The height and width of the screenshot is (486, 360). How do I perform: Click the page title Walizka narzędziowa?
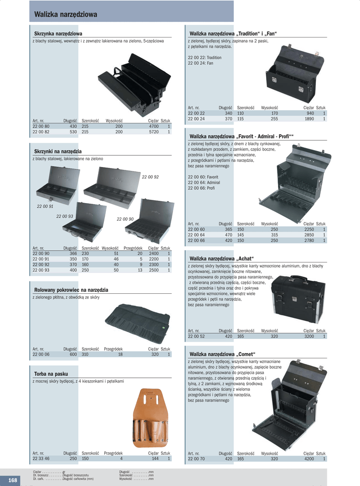tap(66, 15)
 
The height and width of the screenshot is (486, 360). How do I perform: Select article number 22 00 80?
tap(41, 126)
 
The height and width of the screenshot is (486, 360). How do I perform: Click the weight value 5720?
tap(153, 132)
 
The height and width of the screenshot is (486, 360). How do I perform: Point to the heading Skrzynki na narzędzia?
tap(57, 151)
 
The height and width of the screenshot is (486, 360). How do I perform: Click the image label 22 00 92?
tap(150, 177)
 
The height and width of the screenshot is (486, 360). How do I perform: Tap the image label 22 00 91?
tap(45, 206)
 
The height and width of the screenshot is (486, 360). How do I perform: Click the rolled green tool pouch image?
tap(137, 323)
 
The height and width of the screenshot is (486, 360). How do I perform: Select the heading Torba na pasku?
tap(51, 374)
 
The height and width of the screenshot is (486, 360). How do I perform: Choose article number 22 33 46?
tap(41, 458)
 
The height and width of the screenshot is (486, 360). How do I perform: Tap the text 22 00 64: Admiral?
tap(203, 182)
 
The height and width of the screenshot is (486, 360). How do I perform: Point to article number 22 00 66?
tap(196, 240)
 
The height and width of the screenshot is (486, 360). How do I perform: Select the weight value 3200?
tap(309, 336)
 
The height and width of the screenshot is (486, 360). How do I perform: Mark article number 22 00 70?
tap(196, 459)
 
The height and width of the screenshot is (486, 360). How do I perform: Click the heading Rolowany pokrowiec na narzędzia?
tap(71, 290)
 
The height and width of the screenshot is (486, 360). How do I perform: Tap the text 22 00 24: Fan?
tap(201, 63)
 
